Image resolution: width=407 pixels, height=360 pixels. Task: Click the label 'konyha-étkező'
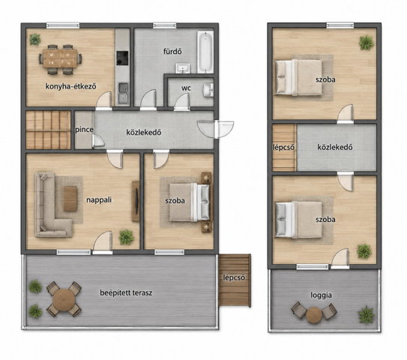coord(70,86)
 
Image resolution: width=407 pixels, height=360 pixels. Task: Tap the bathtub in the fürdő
coord(205,52)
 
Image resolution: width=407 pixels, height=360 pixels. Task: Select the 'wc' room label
coord(186,88)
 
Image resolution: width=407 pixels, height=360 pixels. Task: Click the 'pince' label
coord(84,130)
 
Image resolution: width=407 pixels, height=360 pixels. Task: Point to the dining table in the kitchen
coord(60,58)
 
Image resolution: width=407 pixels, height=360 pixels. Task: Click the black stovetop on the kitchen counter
coord(122,58)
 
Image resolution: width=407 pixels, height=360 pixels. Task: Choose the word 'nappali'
coord(99,199)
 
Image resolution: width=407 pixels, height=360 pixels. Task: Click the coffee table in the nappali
coord(70,199)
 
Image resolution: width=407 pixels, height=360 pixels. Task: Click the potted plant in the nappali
coord(127,237)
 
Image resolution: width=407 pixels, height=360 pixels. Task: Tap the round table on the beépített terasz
coord(64,299)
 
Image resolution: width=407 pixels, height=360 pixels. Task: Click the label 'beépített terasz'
coord(126,292)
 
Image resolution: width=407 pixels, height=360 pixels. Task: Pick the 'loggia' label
coord(321,295)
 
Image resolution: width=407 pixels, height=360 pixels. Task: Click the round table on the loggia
coord(314,315)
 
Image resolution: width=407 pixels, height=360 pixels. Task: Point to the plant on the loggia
coord(367,314)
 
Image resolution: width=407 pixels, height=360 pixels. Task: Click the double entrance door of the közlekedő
coord(215,129)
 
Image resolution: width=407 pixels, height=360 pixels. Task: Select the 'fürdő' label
coord(172,52)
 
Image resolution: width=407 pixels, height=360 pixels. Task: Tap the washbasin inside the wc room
coord(208,90)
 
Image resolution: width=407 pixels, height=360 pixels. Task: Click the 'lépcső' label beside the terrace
coord(234,277)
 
